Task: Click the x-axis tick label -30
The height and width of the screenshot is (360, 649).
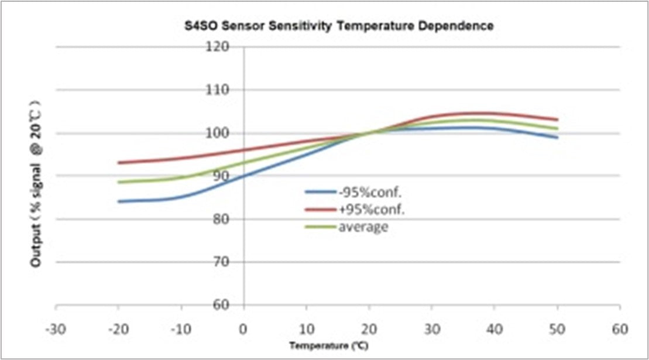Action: pos(56,328)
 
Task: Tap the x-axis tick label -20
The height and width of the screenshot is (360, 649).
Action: pos(118,328)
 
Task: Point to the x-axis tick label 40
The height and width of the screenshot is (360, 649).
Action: pos(495,328)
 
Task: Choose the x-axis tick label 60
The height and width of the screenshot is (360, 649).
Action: pos(620,328)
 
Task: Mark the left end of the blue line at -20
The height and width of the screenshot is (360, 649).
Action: pos(119,201)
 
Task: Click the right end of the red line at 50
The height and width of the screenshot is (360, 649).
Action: pos(557,119)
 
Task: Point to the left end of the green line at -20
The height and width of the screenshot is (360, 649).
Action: pos(119,182)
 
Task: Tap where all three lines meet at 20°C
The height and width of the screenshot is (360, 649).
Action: pos(369,133)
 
